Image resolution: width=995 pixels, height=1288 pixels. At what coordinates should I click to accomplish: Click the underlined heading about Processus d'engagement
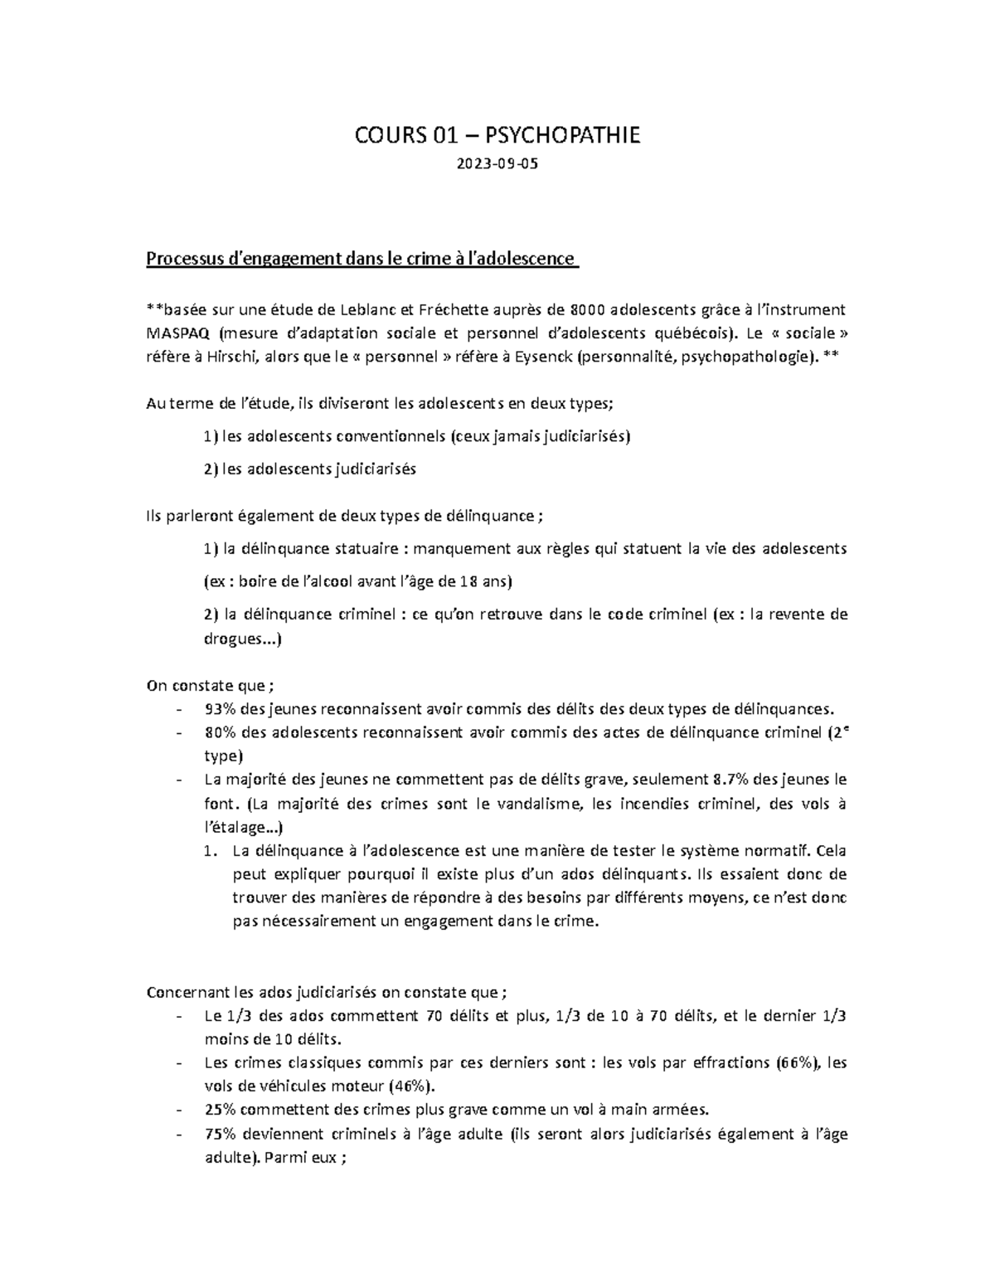[361, 259]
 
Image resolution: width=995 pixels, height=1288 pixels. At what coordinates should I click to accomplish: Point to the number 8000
[588, 310]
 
